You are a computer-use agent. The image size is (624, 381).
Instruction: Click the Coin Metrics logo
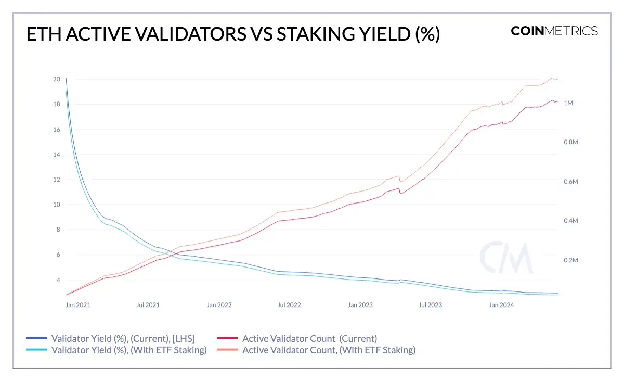click(x=554, y=31)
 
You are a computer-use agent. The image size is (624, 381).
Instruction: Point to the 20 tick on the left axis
click(x=57, y=80)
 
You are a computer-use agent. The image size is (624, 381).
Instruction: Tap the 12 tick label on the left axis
click(x=57, y=180)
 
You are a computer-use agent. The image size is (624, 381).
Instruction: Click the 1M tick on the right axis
click(x=568, y=103)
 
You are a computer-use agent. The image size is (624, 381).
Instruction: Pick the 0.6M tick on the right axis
click(x=571, y=182)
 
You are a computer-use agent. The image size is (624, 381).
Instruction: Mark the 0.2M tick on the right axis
click(x=571, y=260)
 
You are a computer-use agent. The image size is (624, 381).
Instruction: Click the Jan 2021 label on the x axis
click(x=78, y=305)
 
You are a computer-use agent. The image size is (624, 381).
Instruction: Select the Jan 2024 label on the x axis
click(x=501, y=305)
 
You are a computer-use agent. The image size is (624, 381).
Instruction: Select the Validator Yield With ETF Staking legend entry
click(x=129, y=350)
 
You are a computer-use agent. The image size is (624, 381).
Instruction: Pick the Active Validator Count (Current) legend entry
click(x=309, y=339)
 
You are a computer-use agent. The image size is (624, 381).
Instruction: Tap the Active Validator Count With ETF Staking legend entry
click(x=329, y=350)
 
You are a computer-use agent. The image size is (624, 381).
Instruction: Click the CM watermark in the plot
click(x=506, y=257)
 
